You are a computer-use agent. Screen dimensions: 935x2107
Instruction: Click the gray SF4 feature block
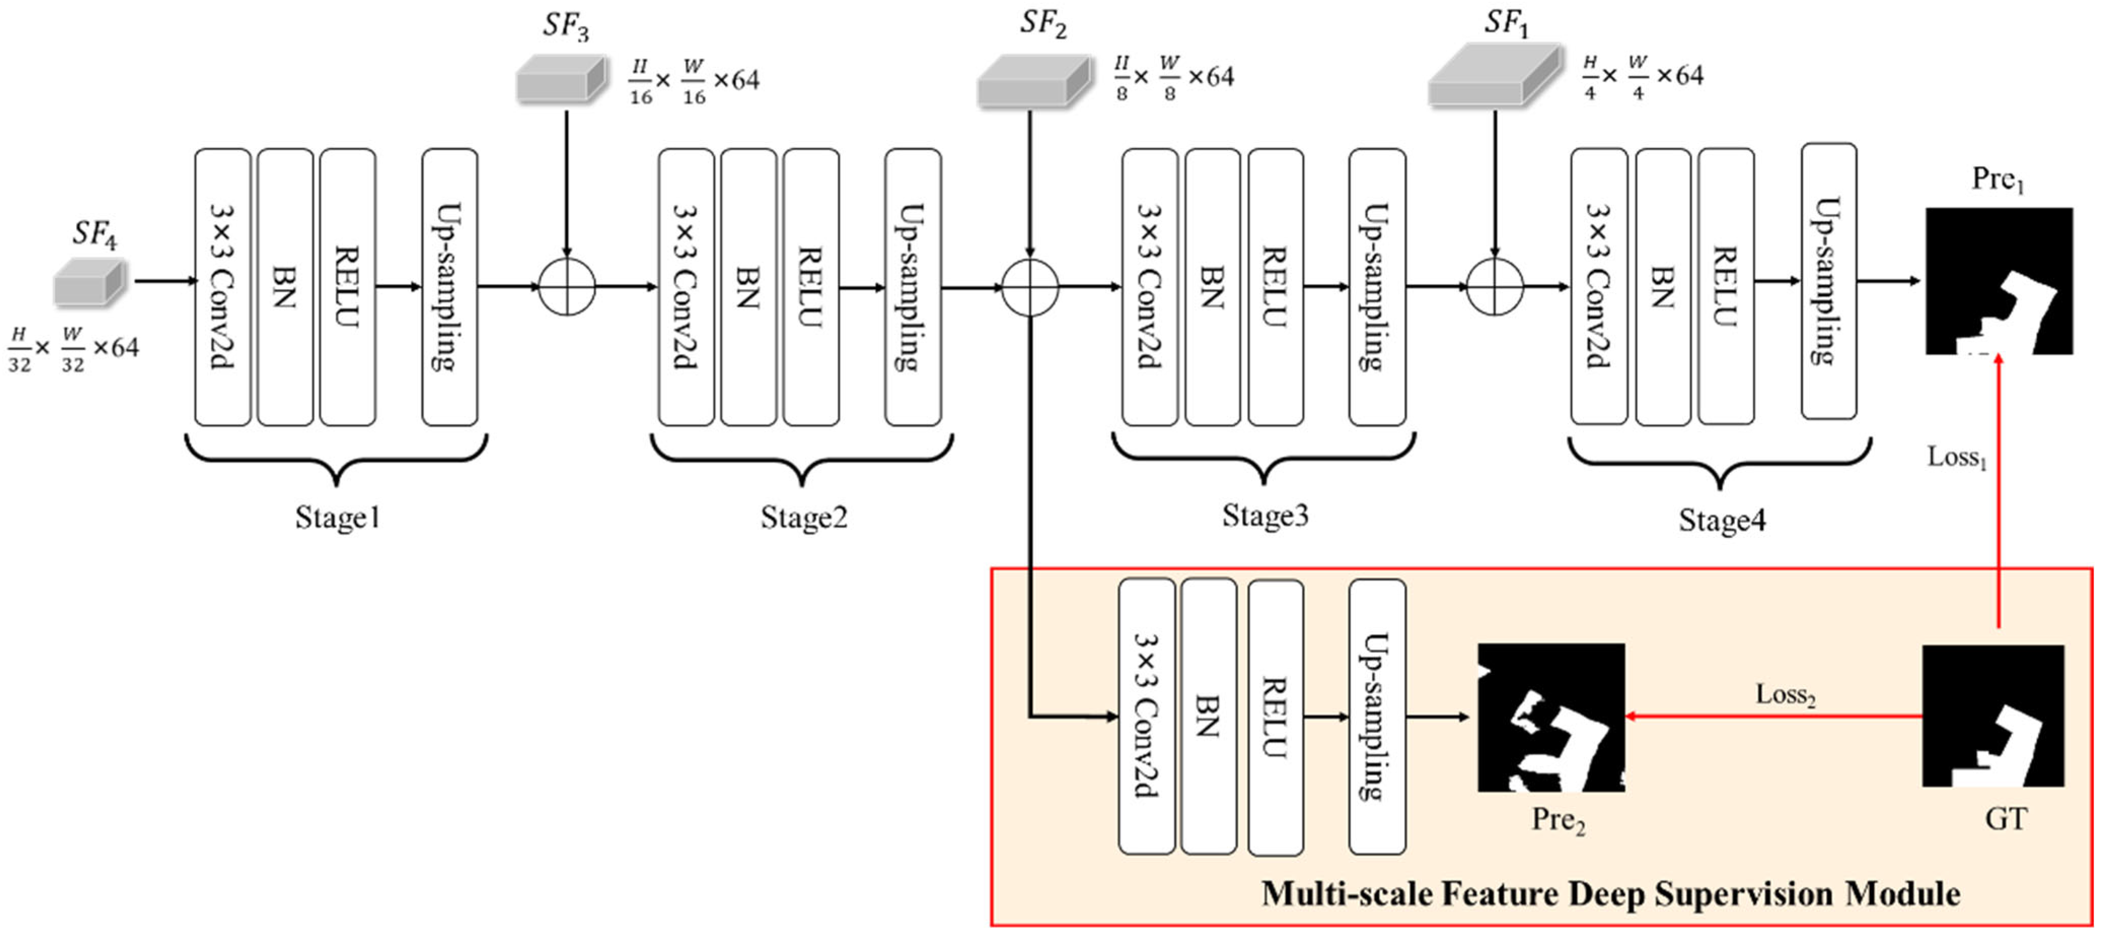pyautogui.click(x=90, y=282)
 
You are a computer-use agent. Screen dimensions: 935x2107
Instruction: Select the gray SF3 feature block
pyautogui.click(x=561, y=79)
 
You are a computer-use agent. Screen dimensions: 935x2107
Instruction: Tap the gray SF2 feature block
pyautogui.click(x=1034, y=81)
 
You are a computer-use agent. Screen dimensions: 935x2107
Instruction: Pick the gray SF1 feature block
pyautogui.click(x=1494, y=76)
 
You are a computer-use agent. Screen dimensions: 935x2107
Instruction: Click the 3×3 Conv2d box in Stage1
pyautogui.click(x=223, y=287)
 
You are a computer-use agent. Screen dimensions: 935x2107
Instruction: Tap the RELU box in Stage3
pyautogui.click(x=1275, y=287)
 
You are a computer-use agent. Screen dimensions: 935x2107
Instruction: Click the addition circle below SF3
pyautogui.click(x=567, y=287)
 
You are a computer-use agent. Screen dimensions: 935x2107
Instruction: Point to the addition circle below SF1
pyautogui.click(x=1494, y=287)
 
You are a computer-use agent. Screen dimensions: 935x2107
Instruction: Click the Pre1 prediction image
pyautogui.click(x=1998, y=280)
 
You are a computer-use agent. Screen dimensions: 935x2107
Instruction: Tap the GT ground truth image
pyautogui.click(x=1992, y=716)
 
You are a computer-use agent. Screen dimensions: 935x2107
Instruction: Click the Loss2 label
pyautogui.click(x=1785, y=695)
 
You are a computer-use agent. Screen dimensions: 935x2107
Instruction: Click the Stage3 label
pyautogui.click(x=1265, y=515)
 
